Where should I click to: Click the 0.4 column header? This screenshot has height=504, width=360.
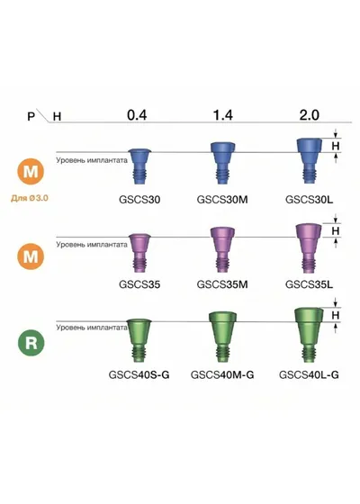pos(137,115)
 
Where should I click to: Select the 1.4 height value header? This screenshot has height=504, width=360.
pos(223,115)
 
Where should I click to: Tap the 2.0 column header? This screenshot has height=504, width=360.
pos(310,115)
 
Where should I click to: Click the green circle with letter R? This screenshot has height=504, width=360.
pos(31,343)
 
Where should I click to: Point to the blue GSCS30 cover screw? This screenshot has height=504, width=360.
pos(139,166)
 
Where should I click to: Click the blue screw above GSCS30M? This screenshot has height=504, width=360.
pos(223,163)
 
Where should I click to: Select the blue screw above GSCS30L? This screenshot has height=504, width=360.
pos(309,161)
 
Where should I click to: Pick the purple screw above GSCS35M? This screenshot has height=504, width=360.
pos(222,250)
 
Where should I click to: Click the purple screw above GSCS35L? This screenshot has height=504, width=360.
pos(309,247)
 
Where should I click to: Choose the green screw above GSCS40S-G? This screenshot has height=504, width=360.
pos(139,341)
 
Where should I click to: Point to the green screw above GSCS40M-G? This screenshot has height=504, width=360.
pos(223,337)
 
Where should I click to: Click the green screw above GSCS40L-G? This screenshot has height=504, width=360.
pos(309,335)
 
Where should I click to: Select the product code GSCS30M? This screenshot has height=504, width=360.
pos(222,200)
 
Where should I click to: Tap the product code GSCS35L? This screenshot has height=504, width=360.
pos(309,284)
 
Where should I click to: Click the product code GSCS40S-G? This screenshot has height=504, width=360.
pos(139,374)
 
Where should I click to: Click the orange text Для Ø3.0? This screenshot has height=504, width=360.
pos(30,198)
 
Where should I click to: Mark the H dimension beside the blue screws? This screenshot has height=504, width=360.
pos(336,146)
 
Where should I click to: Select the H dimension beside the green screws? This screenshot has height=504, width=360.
pos(336,315)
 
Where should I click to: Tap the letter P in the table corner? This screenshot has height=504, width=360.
pos(31,116)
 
